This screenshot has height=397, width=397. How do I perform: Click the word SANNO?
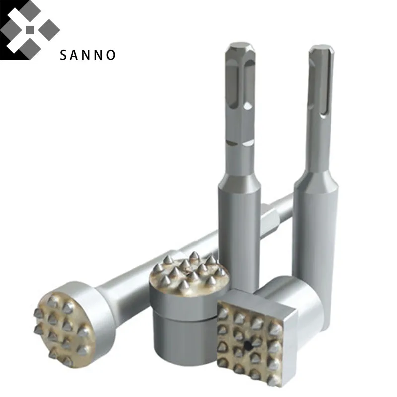(x=88, y=55)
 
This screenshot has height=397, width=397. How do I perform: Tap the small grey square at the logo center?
(x=30, y=30)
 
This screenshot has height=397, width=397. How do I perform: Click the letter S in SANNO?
(x=63, y=55)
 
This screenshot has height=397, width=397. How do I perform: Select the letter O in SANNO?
(x=111, y=55)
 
